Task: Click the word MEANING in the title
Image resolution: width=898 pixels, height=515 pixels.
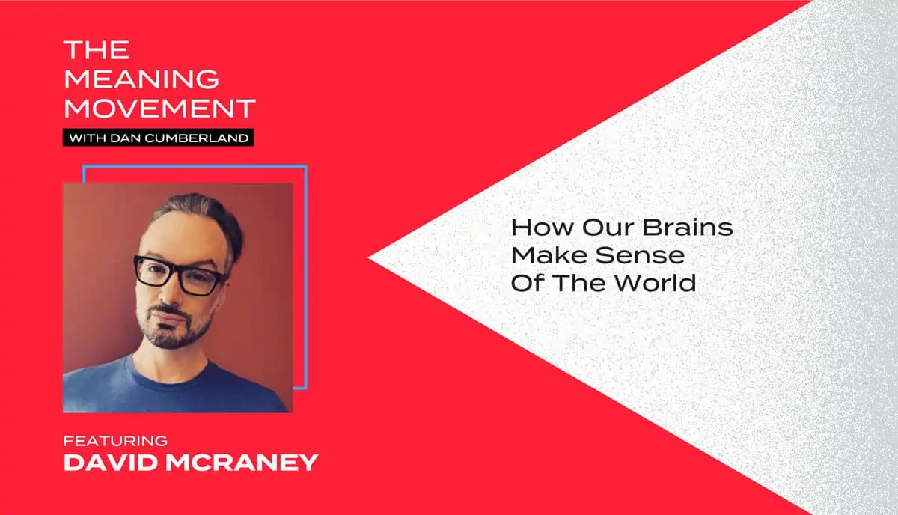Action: point(141,79)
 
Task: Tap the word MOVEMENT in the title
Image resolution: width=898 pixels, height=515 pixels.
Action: point(159,109)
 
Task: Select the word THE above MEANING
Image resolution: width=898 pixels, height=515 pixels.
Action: point(97,49)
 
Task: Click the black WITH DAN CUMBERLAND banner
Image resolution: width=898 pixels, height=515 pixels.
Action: point(159,138)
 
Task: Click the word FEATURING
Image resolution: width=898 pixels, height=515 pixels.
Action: point(115,441)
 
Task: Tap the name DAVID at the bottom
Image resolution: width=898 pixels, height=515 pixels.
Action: point(111,463)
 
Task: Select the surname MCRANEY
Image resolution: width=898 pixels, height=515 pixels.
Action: point(242,463)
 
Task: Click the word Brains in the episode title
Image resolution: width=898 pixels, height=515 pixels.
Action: point(688,227)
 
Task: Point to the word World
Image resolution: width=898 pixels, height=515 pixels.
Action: point(656,283)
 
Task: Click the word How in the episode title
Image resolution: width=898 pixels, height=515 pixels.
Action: point(543,227)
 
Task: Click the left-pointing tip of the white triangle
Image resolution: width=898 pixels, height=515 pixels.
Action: point(369,258)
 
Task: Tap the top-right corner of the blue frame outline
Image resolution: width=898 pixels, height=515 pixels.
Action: point(306,166)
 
